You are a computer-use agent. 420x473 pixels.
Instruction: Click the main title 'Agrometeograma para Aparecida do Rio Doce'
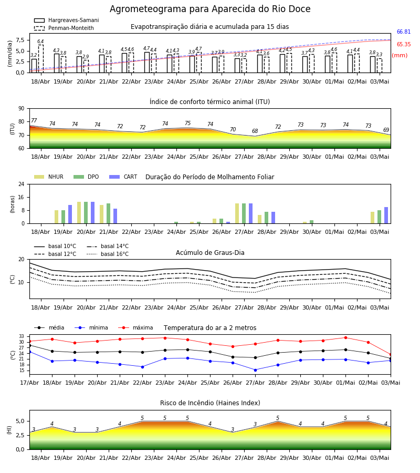point(210,9)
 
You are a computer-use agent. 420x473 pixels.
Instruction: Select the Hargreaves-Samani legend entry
point(67,20)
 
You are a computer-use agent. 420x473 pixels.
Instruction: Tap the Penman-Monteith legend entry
point(64,28)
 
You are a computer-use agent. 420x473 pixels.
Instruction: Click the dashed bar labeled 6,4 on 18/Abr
point(40,59)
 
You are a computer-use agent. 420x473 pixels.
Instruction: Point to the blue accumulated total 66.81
point(404,32)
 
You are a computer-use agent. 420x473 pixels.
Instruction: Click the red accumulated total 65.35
point(404,44)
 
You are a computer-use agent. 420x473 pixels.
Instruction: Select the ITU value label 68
point(255,131)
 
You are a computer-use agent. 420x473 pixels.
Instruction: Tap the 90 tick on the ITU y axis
point(22,109)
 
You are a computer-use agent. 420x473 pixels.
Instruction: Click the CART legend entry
point(123,177)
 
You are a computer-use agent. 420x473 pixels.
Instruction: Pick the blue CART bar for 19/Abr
point(70,214)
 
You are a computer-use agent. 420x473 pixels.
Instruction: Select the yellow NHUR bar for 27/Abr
point(237,213)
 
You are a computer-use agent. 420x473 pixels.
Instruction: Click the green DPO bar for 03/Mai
point(380,217)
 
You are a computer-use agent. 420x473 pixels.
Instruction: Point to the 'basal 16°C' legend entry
point(108,254)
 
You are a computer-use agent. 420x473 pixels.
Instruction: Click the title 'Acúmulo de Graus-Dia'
point(210,252)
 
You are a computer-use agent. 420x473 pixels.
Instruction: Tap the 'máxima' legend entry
point(135,327)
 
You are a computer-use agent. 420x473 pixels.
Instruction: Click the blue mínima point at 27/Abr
point(256,370)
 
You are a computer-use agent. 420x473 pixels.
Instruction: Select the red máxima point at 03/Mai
point(391,355)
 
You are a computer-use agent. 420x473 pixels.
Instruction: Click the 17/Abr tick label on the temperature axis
point(29,383)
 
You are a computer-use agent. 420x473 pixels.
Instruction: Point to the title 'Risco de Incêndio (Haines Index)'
point(210,403)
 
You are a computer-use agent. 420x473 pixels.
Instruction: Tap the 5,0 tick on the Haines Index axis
point(20,421)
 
